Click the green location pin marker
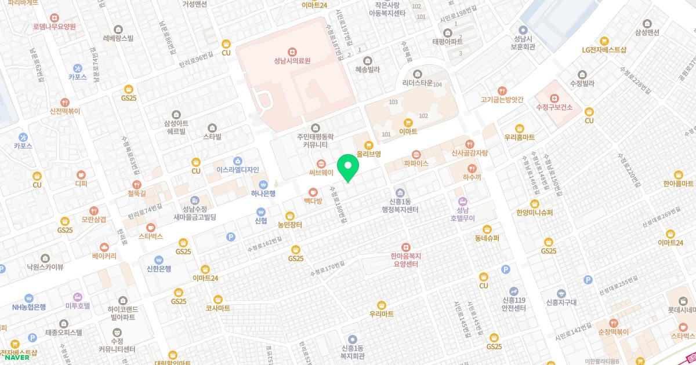(x=348, y=168)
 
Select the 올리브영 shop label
(x=368, y=154)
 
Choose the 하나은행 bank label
(x=263, y=194)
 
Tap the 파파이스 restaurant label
(x=416, y=164)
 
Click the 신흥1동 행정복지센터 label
(x=400, y=206)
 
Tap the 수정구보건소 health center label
(x=554, y=107)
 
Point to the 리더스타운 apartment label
(x=418, y=83)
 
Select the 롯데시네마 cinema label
(x=681, y=310)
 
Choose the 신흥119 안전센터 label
(x=514, y=304)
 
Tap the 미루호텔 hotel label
(x=78, y=305)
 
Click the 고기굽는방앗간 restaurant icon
(x=502, y=91)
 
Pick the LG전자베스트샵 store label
(x=604, y=50)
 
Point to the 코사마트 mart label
(x=218, y=308)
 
